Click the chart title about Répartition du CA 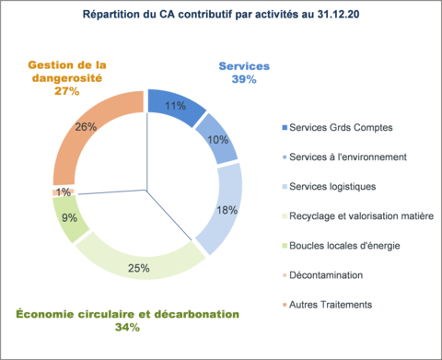[x=221, y=16]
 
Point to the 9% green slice [x=71, y=219]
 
